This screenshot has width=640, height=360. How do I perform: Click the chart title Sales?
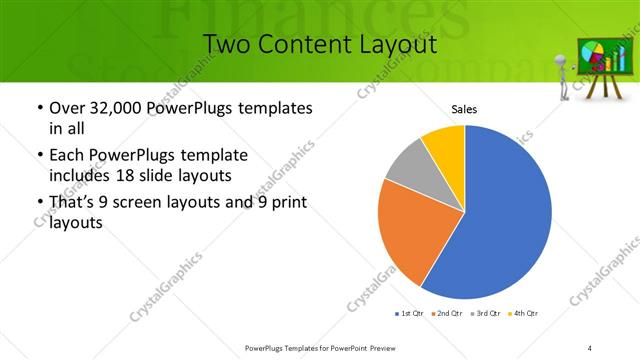click(465, 108)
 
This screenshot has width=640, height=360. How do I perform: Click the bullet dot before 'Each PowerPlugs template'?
click(38, 156)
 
